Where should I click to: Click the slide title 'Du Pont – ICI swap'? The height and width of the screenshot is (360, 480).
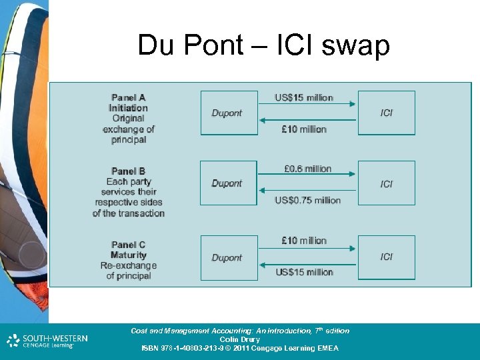point(263,45)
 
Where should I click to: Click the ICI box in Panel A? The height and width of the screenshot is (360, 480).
point(387,113)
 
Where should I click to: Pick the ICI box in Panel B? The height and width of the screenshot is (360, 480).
point(387,183)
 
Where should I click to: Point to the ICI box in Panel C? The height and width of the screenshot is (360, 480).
point(387,257)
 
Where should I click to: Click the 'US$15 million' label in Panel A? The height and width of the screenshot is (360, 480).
point(304,97)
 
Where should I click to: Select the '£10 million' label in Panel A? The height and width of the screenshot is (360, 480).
point(304,129)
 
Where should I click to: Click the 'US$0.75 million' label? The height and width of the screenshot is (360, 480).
point(307,200)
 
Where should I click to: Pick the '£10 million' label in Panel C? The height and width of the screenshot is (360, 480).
point(304,241)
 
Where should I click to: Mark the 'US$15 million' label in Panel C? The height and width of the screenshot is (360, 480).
point(304,272)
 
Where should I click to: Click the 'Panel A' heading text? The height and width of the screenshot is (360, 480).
point(129,97)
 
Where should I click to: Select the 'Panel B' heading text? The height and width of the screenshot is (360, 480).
point(129,171)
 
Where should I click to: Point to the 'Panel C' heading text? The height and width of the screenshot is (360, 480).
point(129,245)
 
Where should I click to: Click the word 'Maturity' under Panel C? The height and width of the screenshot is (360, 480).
point(129,255)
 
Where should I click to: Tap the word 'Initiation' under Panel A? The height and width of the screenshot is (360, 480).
point(129,108)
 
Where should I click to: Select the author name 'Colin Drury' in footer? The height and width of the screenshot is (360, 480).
point(239,339)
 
